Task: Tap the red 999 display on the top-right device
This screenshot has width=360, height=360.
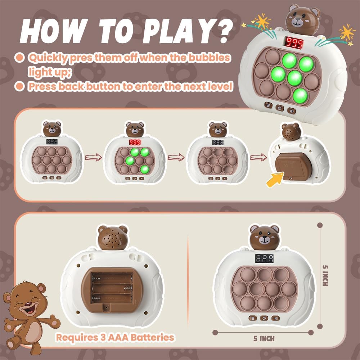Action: (294, 43)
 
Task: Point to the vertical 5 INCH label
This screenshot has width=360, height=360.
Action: (325, 275)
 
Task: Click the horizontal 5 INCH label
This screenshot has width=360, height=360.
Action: (264, 338)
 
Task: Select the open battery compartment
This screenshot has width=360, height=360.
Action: (112, 290)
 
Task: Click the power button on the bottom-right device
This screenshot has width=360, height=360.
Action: (264, 318)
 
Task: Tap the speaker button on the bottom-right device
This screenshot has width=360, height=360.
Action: (276, 318)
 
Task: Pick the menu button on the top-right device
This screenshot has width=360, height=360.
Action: (268, 105)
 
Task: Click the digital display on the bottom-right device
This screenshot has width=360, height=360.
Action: (265, 258)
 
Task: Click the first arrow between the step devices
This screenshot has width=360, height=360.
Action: (93, 158)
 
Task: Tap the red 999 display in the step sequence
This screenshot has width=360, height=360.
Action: (135, 142)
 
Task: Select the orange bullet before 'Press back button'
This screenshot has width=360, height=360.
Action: (19, 86)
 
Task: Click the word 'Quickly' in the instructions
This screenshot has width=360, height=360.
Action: (48, 58)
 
